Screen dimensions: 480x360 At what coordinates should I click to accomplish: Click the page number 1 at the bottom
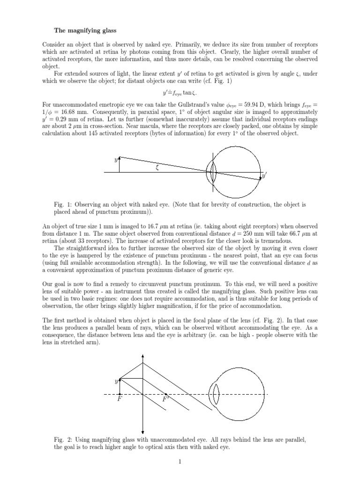pyautogui.click(x=180, y=462)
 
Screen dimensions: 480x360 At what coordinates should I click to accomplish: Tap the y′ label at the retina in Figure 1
pyautogui.click(x=264, y=176)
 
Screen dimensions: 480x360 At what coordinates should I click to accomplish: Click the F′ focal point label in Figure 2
pyautogui.click(x=165, y=399)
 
